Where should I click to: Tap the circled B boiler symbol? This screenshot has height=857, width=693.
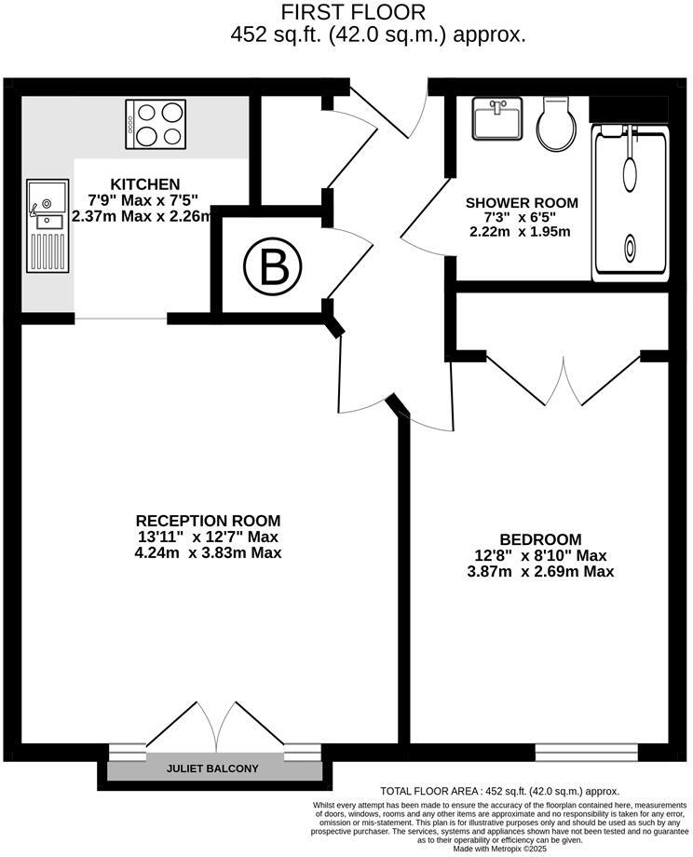tap(273, 268)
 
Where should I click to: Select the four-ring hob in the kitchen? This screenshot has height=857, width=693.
tap(155, 124)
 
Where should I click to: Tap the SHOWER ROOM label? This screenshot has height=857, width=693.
tap(522, 202)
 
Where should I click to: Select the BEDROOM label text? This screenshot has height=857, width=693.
tap(540, 539)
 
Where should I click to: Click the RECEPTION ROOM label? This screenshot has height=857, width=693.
tap(208, 521)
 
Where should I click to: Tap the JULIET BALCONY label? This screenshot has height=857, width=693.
tap(212, 769)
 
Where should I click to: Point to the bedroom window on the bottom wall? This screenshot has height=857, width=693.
tap(586, 751)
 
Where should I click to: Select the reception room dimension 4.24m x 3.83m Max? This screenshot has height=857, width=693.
tap(208, 552)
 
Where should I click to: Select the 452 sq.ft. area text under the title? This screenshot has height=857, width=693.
tap(377, 36)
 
